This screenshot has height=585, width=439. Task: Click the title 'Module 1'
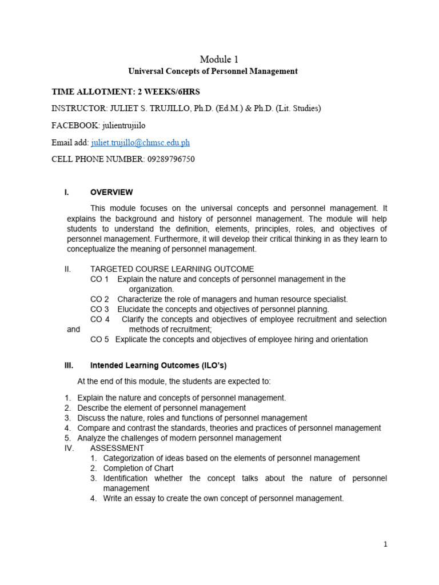pyautogui.click(x=219, y=59)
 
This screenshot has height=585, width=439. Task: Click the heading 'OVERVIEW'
pyautogui.click(x=111, y=193)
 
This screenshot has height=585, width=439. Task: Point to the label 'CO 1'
pyautogui.click(x=99, y=279)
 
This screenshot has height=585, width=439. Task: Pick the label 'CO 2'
pyautogui.click(x=99, y=299)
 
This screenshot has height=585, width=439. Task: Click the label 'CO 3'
pyautogui.click(x=99, y=309)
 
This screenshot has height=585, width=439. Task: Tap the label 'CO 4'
pyautogui.click(x=99, y=319)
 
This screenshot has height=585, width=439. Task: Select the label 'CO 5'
pyautogui.click(x=99, y=339)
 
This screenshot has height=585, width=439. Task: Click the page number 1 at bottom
pyautogui.click(x=386, y=544)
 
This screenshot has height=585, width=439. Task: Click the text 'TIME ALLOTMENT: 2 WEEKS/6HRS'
pyautogui.click(x=126, y=91)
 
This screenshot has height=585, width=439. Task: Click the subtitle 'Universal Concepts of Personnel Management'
pyautogui.click(x=213, y=71)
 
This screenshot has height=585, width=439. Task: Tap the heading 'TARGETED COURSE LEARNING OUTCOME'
pyautogui.click(x=172, y=269)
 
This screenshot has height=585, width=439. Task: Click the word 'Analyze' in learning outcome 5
pyautogui.click(x=91, y=438)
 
